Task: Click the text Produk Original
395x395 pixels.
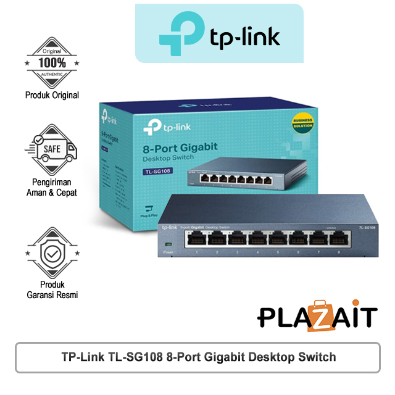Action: tap(52, 95)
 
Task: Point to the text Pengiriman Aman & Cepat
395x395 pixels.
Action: tap(52, 186)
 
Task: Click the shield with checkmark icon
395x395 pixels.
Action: tap(52, 253)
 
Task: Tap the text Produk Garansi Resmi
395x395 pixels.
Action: tap(52, 289)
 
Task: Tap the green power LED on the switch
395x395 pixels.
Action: tap(165, 244)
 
